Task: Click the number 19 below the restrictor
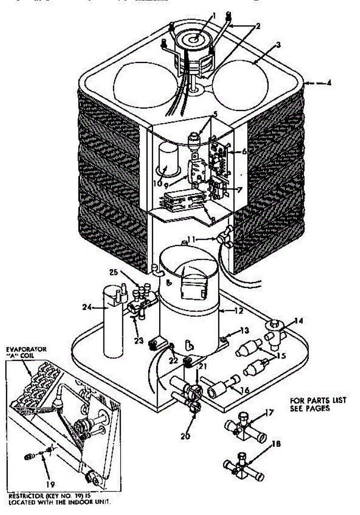coord(51,485)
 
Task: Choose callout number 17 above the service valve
coord(269,414)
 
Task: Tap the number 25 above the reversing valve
coord(113,272)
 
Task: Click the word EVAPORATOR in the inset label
coord(27,349)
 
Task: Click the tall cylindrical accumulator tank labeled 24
coord(110,326)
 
